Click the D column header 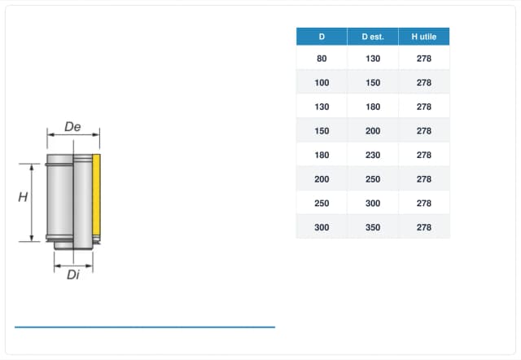point(322,37)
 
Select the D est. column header point(373,37)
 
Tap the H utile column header point(424,37)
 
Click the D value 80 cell point(322,59)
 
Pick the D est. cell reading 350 point(373,227)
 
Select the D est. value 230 point(373,155)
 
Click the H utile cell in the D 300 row point(424,227)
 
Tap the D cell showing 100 point(322,82)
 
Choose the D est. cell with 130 point(373,59)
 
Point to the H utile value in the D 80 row point(424,59)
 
